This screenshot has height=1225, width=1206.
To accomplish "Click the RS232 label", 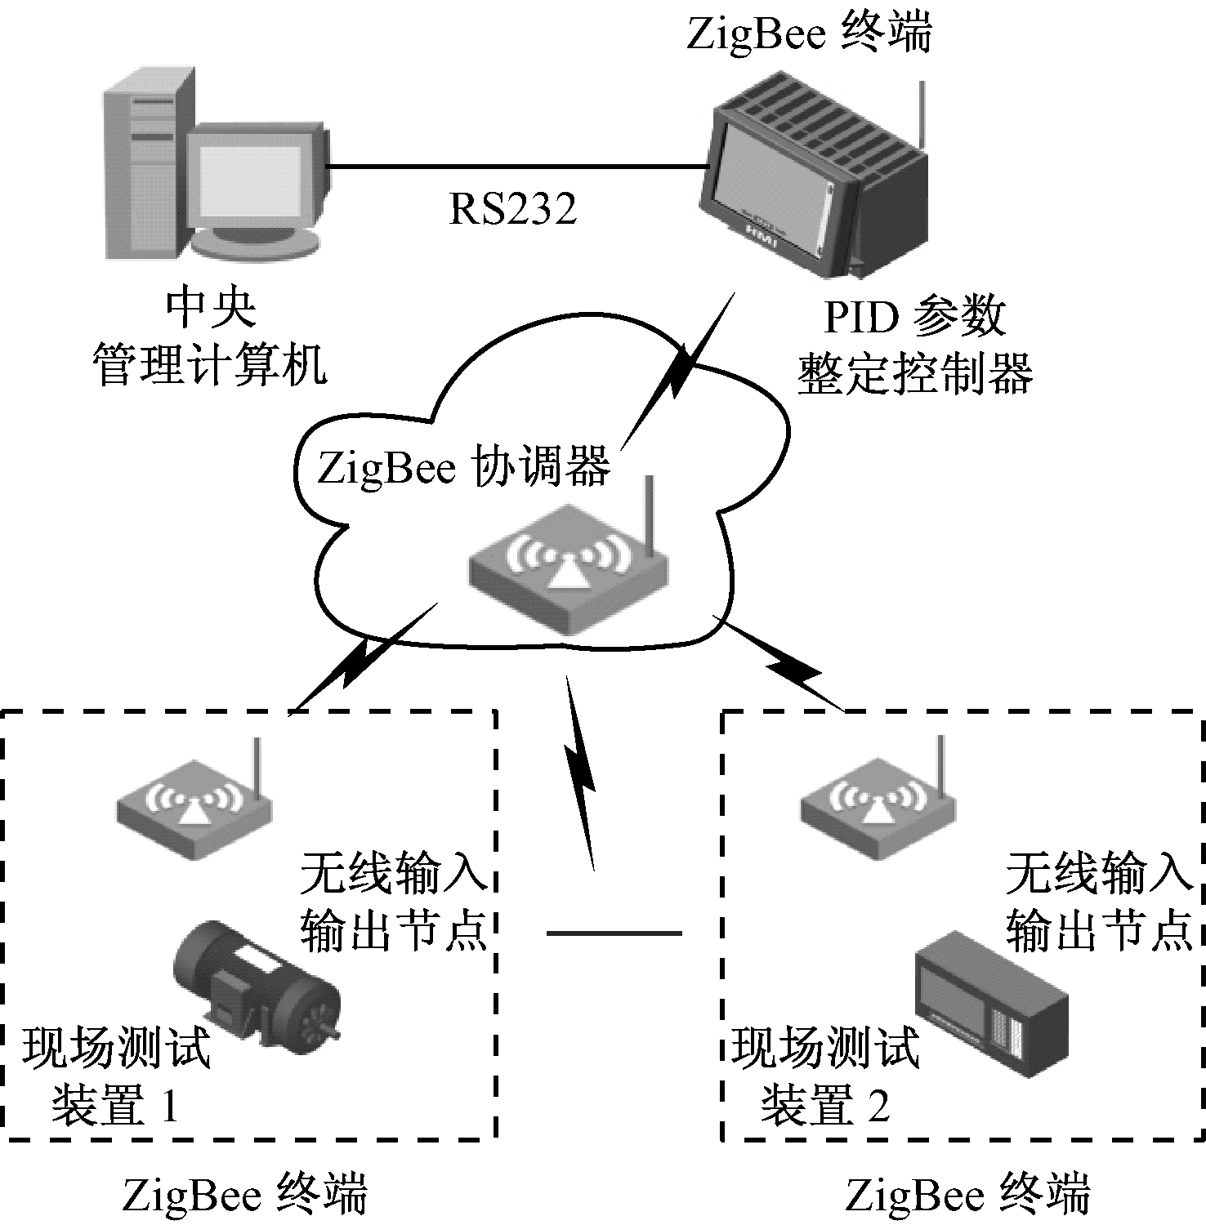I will [x=513, y=208].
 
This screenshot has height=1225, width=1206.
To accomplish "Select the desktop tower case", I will [x=147, y=163].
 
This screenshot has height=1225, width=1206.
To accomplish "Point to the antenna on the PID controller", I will [x=922, y=114].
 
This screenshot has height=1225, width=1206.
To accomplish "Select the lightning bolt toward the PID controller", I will [x=678, y=372].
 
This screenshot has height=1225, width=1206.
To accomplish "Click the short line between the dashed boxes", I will [x=613, y=933].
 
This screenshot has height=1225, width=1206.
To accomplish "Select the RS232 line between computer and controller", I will [x=515, y=167].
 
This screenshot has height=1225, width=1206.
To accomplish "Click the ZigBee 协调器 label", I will [x=463, y=468].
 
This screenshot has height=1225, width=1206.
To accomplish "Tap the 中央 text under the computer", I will [x=211, y=309].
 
